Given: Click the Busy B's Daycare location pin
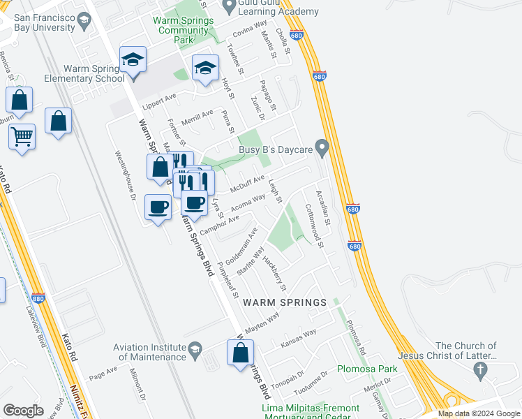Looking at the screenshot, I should click(x=322, y=147).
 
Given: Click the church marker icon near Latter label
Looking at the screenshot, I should click(x=479, y=372).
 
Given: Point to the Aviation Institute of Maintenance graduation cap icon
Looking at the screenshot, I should click(x=196, y=348).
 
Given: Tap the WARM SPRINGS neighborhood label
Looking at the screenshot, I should click(x=285, y=302).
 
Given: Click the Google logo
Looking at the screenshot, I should click(x=23, y=410).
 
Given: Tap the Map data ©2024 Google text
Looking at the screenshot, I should click(x=478, y=413).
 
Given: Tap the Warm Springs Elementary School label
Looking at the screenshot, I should click(x=94, y=74).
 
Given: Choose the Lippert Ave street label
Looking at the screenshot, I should click(x=161, y=98).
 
